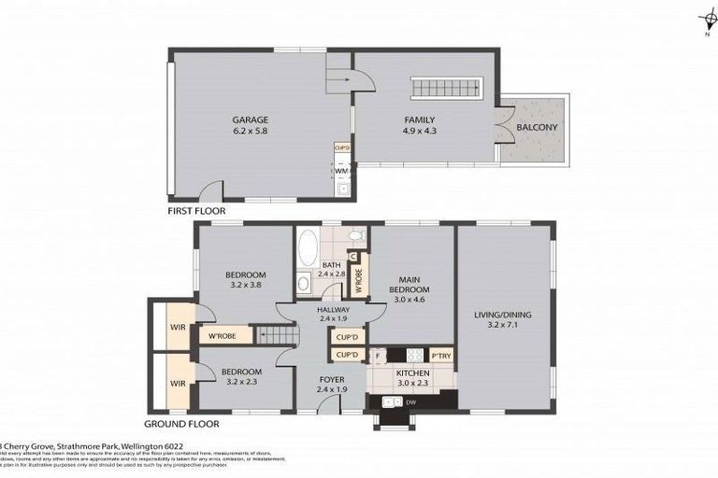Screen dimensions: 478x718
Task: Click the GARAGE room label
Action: [250, 119]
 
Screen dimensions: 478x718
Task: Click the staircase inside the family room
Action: [446, 89]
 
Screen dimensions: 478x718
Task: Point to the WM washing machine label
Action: [341, 171]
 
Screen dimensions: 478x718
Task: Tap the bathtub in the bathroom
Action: [308, 250]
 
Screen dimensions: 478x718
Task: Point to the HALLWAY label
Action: [333, 310]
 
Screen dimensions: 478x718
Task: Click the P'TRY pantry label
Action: [440, 355]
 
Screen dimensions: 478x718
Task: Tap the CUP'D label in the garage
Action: [342, 148]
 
